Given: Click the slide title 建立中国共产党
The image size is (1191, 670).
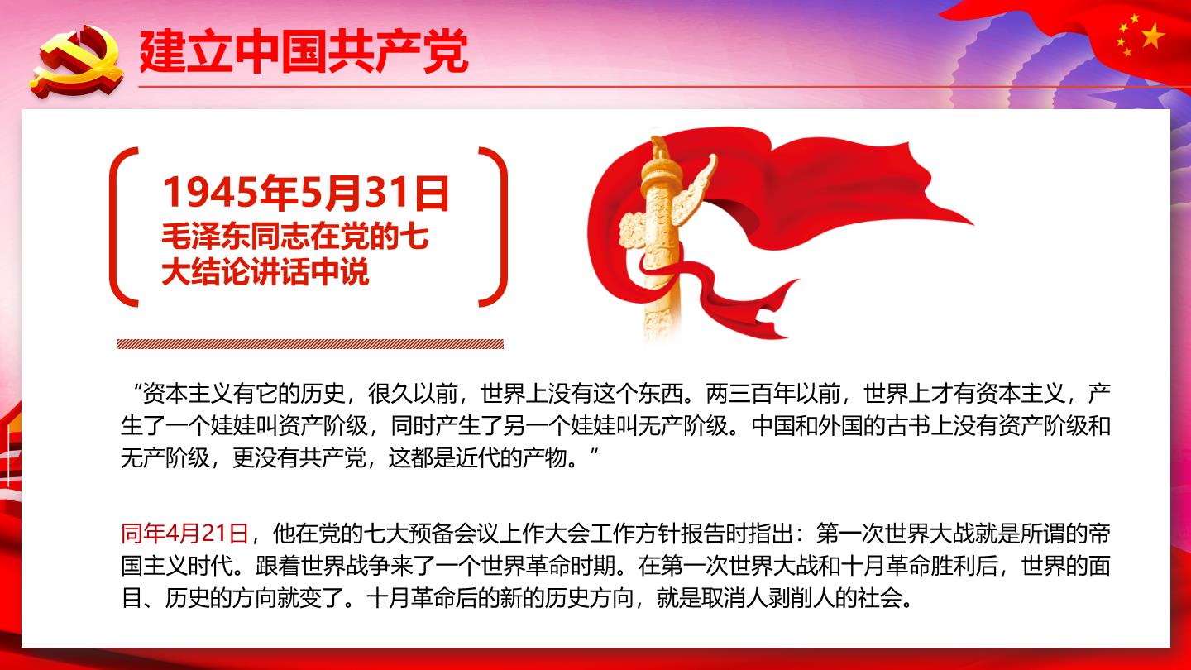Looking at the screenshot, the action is tap(304, 51).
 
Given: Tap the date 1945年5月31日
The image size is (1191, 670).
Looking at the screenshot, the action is tap(306, 193).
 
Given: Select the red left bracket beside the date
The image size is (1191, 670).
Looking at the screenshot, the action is tap(122, 227).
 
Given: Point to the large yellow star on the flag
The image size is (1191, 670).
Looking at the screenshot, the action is tap(1152, 36).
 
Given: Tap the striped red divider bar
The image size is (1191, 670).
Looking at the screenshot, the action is tap(310, 344).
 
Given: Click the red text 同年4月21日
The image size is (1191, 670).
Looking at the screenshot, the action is tap(184, 534).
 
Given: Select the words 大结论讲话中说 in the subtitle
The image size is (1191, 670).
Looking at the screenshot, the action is tap(265, 273).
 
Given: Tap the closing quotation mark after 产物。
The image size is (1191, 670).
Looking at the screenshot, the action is tap(594, 452).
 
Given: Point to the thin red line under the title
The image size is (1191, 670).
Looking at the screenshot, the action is tap(665, 86).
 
